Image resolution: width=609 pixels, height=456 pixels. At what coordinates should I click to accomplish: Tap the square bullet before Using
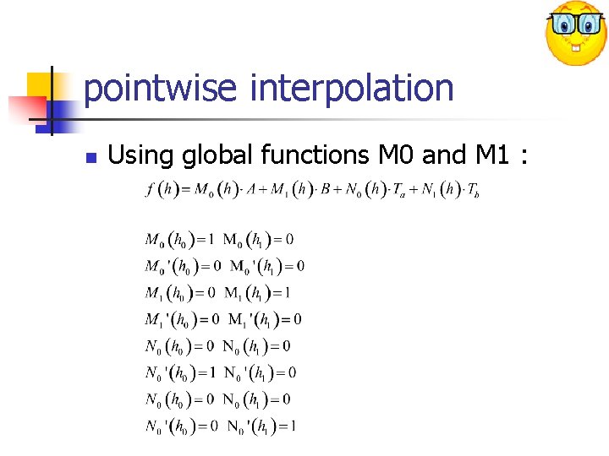pos(91,157)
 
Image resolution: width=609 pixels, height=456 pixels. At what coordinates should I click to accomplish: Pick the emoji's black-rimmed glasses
pos(575,23)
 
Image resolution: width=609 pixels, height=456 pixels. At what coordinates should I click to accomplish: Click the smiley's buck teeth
pos(576,47)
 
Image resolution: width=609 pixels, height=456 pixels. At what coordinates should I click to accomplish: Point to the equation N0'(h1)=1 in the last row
pos(261,426)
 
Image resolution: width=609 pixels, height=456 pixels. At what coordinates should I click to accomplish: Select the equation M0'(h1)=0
pos(265,266)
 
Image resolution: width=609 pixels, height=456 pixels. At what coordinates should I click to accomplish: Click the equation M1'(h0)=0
pos(182,319)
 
